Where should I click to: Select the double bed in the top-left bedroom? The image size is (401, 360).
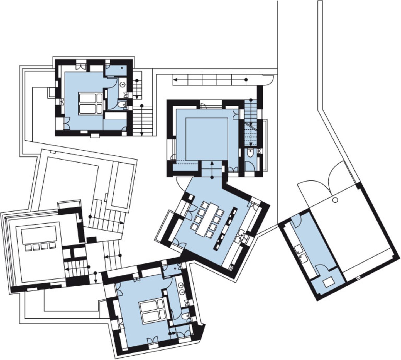tap(91, 104)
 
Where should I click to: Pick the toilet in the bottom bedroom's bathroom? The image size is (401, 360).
tap(185, 316)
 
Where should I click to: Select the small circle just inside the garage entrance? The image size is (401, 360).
tap(335, 200)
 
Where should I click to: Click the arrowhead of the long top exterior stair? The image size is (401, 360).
tap(175, 80)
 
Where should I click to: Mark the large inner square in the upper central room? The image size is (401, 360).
tap(207, 139)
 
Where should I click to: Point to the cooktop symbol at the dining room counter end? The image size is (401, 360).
tap(231, 268)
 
